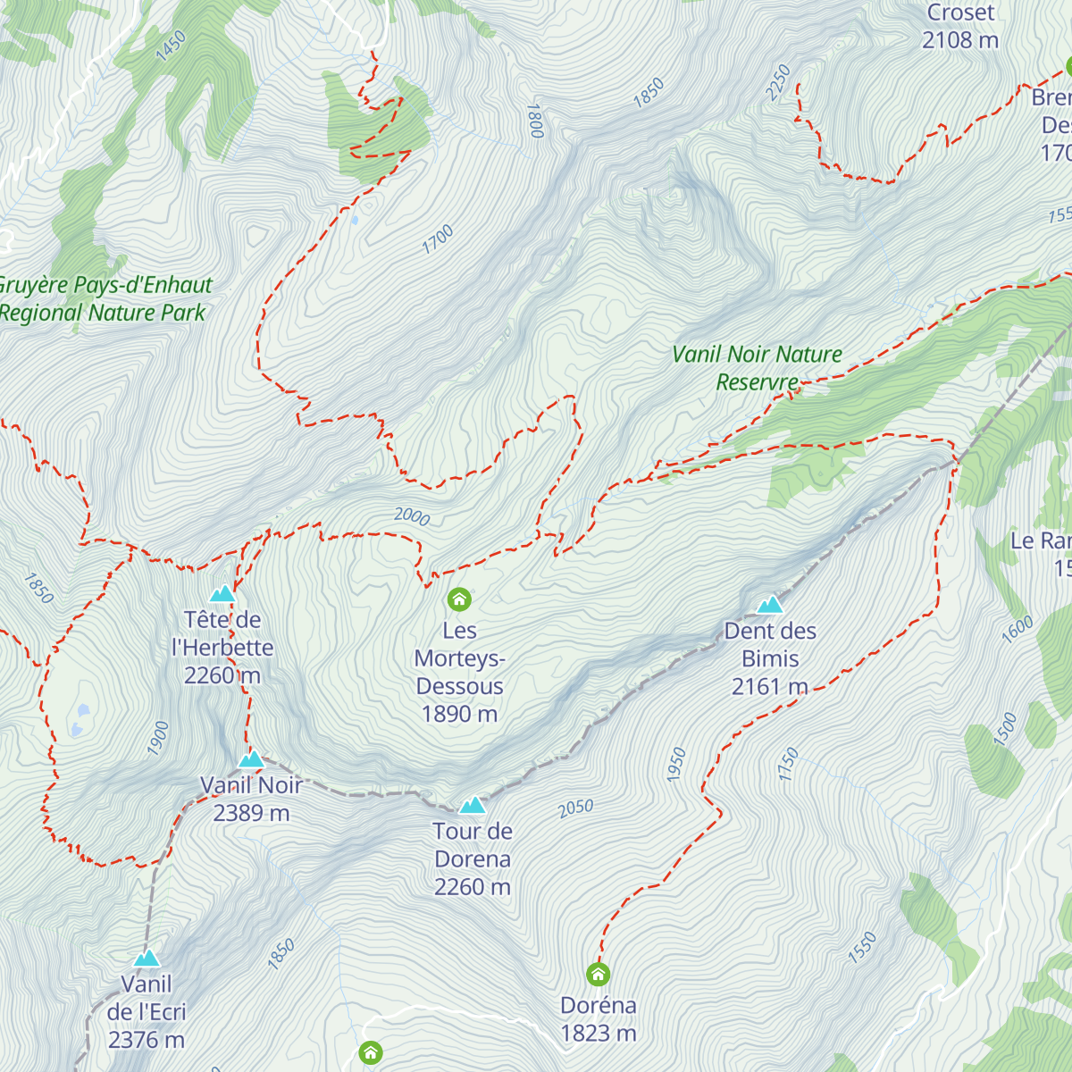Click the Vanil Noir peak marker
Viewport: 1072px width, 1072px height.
[251, 760]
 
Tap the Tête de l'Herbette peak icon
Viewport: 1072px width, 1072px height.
[222, 594]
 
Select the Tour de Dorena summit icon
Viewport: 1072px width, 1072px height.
[472, 806]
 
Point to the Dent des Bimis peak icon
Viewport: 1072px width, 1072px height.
[769, 606]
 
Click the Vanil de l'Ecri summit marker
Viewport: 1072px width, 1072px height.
[147, 959]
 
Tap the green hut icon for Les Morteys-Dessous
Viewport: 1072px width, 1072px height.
[459, 599]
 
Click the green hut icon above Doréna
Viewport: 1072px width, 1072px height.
[598, 974]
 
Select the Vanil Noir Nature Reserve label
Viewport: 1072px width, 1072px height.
[757, 368]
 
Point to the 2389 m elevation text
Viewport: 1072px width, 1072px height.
[251, 813]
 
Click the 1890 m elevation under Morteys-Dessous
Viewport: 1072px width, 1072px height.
[459, 714]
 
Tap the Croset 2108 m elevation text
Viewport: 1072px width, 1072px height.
[960, 40]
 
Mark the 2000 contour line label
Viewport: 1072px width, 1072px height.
[412, 516]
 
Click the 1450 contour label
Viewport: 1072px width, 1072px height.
[171, 46]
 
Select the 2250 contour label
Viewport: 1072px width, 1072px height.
[778, 82]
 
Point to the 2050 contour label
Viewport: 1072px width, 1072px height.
[575, 808]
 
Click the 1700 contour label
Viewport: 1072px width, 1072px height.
[438, 239]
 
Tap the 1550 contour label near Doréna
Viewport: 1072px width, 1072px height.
[862, 948]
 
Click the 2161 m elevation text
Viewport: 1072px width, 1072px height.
[769, 686]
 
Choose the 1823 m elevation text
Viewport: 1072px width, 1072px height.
[598, 1034]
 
